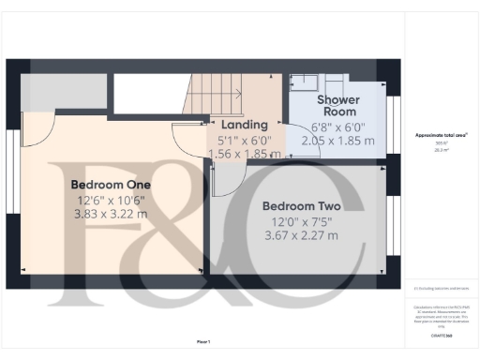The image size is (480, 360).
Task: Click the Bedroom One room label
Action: tap(112, 185)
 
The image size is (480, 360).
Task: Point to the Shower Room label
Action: tap(338, 106)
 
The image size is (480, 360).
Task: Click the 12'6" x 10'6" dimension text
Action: tap(112, 200)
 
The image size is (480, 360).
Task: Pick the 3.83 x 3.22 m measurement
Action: tap(112, 214)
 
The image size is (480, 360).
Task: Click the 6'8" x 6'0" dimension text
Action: tap(338, 126)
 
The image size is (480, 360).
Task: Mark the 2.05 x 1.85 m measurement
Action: tap(338, 140)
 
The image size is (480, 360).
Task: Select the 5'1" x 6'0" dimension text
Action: tap(243, 139)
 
